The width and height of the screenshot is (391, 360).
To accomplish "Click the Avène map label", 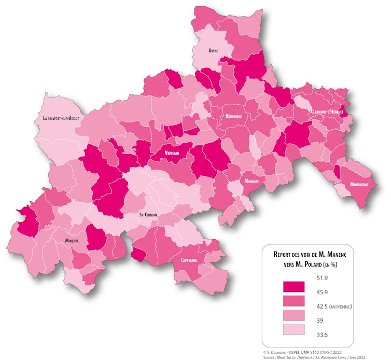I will coord(213,50).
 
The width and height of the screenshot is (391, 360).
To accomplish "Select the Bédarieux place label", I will coord(234,116).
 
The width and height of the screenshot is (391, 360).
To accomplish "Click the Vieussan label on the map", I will coord(172,153).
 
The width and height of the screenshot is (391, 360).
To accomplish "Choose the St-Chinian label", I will coord(148,214).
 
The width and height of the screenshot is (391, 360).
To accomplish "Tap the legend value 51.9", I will coord(322,278).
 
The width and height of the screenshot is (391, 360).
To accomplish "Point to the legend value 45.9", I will coord(322,292).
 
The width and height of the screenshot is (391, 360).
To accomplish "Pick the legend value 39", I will coord(319,321).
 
